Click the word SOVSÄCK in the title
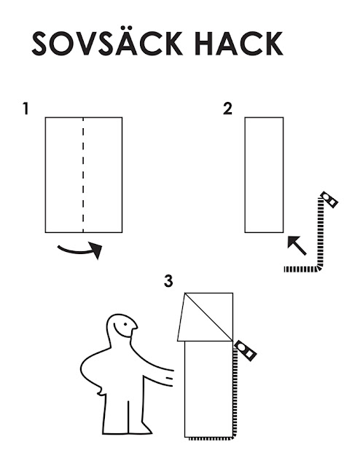point(107,43)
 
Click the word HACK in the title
point(239,44)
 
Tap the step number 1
point(26,108)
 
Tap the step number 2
point(227,108)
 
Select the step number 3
point(168,281)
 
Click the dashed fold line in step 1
point(83,175)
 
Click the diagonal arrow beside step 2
point(297,245)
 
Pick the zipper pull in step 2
point(329,200)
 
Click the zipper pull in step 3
point(246,351)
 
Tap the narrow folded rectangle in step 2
point(264,175)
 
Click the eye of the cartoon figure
point(125,324)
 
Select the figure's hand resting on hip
point(101,390)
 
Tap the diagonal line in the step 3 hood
point(208,317)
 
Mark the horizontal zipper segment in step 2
point(301,269)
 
